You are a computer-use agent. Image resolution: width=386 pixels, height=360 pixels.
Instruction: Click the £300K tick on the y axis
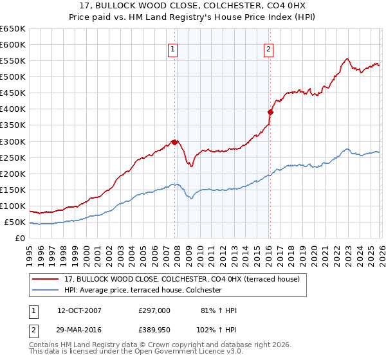(13, 141)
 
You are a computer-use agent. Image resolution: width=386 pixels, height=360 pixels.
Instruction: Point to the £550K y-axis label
(13, 60)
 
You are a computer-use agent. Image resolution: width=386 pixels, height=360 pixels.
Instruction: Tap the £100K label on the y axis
(13, 206)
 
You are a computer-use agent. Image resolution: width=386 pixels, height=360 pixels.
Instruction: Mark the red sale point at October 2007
(174, 142)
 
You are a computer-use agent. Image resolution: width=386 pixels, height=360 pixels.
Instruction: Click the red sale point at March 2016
(270, 112)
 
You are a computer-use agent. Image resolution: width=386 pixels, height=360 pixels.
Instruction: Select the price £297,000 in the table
(154, 310)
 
